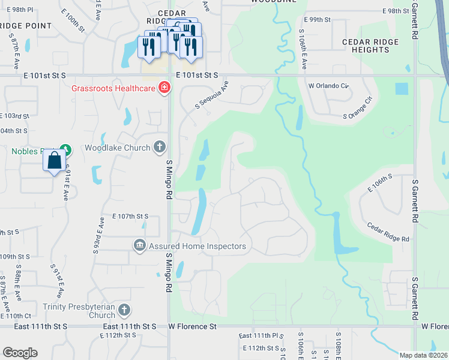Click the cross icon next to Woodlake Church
pos(160,146)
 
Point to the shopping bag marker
pos(54,161)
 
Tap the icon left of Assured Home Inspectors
pos(139,245)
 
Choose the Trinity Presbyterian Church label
pos(79,310)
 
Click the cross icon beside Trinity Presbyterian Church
pos(124,310)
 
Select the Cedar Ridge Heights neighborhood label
pos(370,46)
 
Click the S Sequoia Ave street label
pos(211,96)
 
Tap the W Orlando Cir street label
pos(328,85)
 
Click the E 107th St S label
pos(130,216)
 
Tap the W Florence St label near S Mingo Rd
pos(192,326)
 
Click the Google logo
pos(20,353)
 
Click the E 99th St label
pos(318,20)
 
